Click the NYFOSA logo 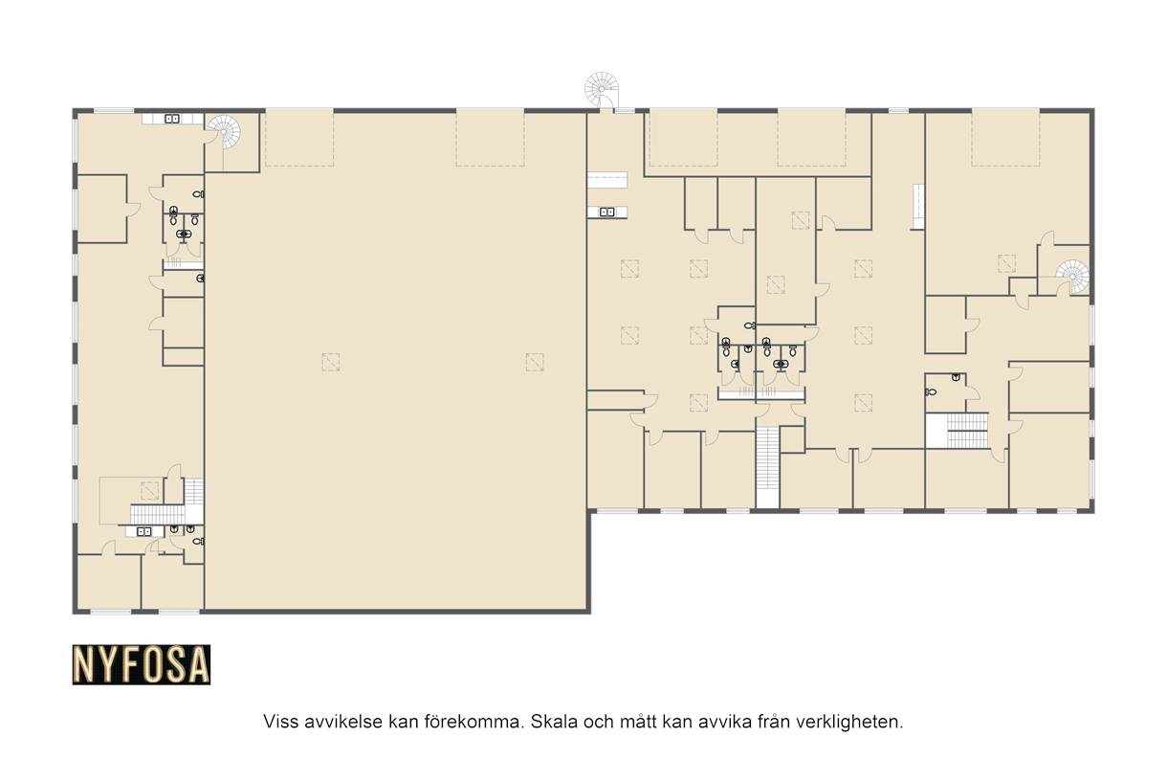(142, 664)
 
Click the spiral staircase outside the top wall (602, 90)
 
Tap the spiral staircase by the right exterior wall (1072, 277)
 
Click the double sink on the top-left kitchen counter (172, 120)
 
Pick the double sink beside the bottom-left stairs (143, 531)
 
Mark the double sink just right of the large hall (607, 212)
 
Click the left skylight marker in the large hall (331, 362)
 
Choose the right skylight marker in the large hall (535, 362)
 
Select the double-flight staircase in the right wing (967, 431)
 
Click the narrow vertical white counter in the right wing (918, 207)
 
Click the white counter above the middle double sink (607, 180)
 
